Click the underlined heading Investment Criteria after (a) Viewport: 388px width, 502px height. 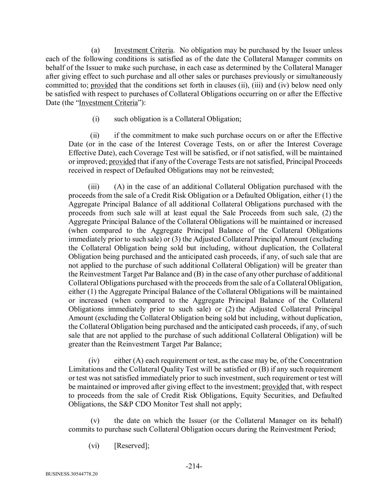pyautogui.click(x=143, y=50)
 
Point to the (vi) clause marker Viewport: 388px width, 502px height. pyautogui.click(x=94, y=445)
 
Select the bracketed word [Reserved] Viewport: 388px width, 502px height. pyautogui.click(x=132, y=445)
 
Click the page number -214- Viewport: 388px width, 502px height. pyautogui.click(x=194, y=466)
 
